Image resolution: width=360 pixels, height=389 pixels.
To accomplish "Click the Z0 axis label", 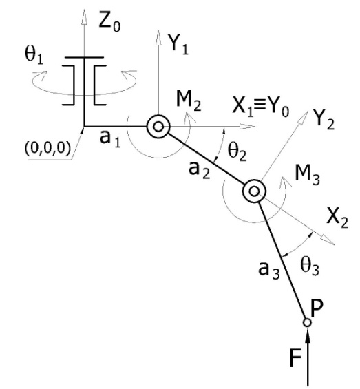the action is [x=109, y=21].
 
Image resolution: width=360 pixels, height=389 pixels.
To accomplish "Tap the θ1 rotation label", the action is [x=34, y=55].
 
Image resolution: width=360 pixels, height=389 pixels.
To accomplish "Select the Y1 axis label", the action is [x=178, y=44].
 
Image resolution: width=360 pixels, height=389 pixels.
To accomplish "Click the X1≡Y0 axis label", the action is [x=260, y=108].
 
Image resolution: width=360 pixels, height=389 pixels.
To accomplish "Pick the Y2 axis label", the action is [x=324, y=120].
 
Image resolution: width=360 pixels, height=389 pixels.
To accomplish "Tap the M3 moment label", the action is [x=308, y=176].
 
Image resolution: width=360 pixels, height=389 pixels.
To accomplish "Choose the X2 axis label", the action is [x=337, y=218].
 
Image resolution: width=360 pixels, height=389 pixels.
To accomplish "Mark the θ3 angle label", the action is [x=310, y=266].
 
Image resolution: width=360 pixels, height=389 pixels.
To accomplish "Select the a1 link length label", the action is [x=110, y=138].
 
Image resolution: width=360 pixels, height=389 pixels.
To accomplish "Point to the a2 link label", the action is [x=199, y=170].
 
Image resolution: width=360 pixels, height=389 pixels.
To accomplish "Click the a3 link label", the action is [x=269, y=270].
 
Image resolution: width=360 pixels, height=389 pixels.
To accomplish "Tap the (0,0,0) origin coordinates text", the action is [x=47, y=149].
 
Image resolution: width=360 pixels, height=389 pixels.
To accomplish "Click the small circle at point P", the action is [x=307, y=322].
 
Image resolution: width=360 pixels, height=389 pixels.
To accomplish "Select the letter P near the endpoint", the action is [x=317, y=308].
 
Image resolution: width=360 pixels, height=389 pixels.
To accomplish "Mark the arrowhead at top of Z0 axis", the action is [x=85, y=17].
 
